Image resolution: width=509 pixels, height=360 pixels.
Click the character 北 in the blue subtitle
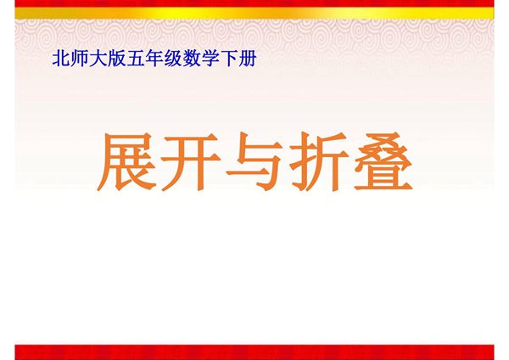[x=60, y=60]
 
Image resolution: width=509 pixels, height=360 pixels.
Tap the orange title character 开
[x=192, y=161]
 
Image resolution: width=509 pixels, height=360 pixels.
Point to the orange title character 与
[x=255, y=161]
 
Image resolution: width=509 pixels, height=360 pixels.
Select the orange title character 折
[x=318, y=161]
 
